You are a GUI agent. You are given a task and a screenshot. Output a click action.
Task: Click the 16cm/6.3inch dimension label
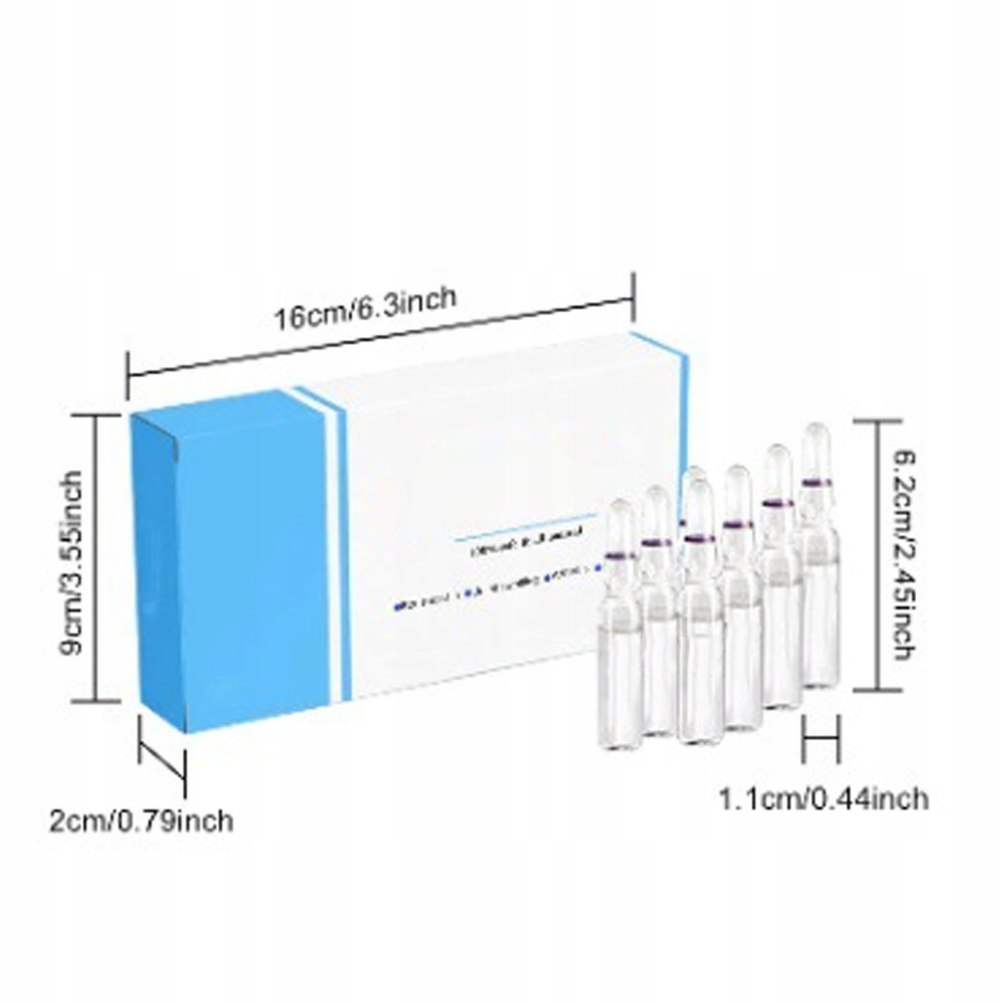366,308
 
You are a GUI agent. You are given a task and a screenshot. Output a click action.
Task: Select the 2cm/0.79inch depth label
141,821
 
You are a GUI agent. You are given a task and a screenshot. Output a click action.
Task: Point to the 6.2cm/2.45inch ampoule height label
902,557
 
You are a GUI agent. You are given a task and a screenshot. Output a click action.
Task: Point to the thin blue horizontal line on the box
526,527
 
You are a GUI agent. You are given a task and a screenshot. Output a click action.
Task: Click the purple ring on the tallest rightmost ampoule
817,483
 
